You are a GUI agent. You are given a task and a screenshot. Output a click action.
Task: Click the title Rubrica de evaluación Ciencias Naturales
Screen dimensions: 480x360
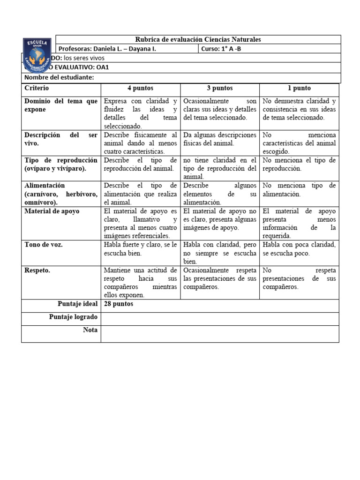point(198,40)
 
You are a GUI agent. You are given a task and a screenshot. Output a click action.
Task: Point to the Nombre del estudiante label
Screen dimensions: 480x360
point(59,77)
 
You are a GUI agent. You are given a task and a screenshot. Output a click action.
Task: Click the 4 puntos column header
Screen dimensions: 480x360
point(140,88)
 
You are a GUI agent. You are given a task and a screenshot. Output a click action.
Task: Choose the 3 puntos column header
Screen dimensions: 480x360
point(219,88)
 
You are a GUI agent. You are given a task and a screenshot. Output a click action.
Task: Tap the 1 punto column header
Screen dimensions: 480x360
point(299,88)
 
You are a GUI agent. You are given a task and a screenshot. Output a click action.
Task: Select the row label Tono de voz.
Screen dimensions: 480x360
point(44,245)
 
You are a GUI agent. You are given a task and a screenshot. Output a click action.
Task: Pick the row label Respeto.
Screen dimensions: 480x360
point(37,270)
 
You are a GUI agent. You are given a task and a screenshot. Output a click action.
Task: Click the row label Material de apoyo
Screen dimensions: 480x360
point(52,211)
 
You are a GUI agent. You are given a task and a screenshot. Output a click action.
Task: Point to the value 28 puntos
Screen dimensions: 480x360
point(119,304)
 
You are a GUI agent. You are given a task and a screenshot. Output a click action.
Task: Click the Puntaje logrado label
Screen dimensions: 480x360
point(73,317)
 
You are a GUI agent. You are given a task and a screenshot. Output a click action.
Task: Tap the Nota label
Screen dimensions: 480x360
point(90,330)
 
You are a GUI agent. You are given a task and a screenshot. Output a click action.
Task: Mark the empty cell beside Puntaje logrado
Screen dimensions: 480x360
point(219,319)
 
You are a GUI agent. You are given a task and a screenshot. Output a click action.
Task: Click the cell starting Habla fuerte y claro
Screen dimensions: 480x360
point(140,248)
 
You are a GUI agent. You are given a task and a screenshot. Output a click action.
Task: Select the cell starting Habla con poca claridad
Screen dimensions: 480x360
point(299,248)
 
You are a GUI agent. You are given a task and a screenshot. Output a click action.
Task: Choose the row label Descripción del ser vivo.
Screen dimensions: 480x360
point(61,139)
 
